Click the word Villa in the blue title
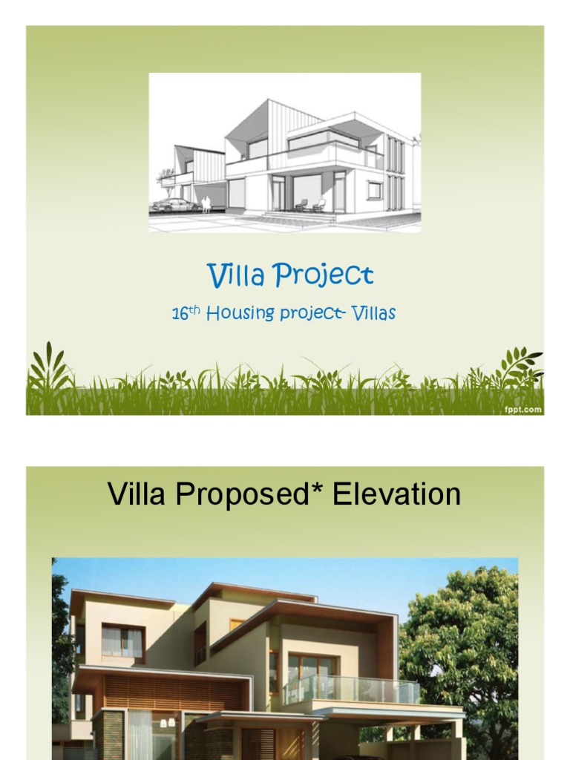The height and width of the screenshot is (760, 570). click(x=237, y=275)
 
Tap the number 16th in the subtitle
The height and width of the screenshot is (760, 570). click(x=186, y=313)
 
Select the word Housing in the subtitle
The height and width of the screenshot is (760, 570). click(x=240, y=314)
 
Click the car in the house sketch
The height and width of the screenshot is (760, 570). click(x=174, y=205)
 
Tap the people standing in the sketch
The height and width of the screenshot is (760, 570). click(x=206, y=204)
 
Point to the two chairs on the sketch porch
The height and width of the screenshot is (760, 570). click(x=309, y=205)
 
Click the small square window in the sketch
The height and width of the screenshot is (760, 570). click(x=374, y=190)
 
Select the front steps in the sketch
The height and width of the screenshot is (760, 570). click(x=297, y=216)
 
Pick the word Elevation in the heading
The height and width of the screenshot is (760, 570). click(x=397, y=494)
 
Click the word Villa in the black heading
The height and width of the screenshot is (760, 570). click(x=138, y=494)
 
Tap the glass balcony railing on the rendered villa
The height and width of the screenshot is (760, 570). click(x=349, y=689)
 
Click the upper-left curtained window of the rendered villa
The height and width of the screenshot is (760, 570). click(x=122, y=641)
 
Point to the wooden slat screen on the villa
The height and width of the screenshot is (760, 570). click(x=171, y=692)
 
